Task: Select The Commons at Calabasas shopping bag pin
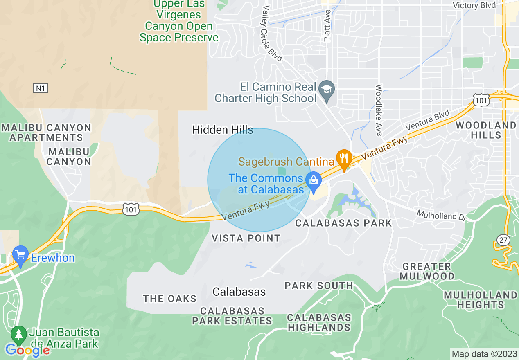314,180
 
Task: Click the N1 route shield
41,88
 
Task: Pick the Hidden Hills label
223,130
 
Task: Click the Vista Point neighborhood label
246,238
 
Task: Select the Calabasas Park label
343,223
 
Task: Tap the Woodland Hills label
486,130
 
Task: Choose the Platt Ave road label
327,26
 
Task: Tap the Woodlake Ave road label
379,110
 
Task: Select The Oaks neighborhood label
169,299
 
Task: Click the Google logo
27,350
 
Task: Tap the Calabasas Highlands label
319,322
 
